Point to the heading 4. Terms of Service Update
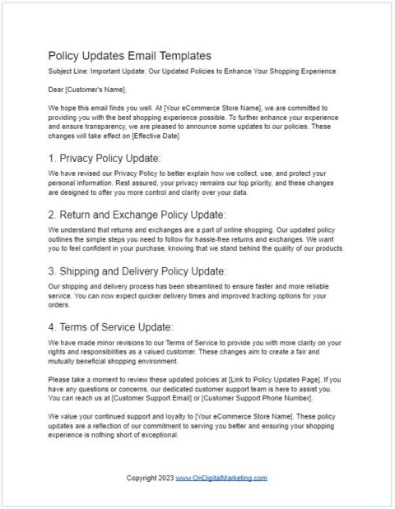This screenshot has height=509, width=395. (x=110, y=326)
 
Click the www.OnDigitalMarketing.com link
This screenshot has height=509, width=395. (x=221, y=478)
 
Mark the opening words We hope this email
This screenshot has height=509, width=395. (x=83, y=109)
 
